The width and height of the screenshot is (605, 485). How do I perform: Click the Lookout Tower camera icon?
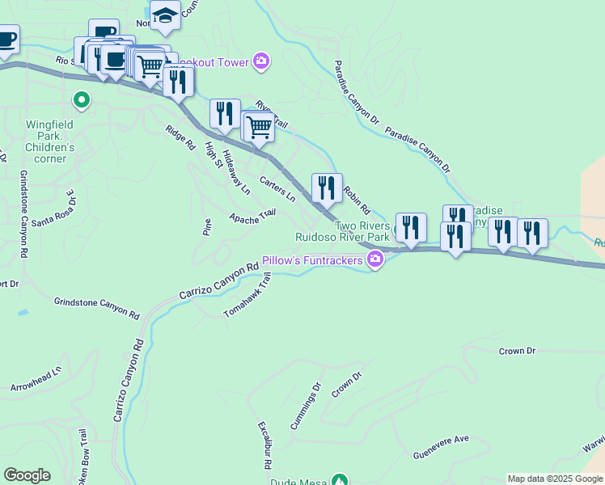tap(260, 61)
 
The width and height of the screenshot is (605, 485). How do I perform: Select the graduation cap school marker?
tap(165, 16)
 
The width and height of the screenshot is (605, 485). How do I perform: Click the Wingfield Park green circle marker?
tap(81, 101)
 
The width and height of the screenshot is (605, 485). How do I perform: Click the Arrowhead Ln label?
tap(36, 381)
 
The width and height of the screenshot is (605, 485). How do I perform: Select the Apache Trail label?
tap(252, 217)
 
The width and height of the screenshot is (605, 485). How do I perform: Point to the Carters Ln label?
tap(277, 188)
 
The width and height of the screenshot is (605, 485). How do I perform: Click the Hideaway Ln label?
tap(236, 172)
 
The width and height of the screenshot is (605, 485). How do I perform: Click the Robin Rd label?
tap(356, 199)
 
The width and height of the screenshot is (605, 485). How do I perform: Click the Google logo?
tap(27, 475)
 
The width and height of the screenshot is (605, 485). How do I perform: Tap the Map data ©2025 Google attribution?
tap(555, 479)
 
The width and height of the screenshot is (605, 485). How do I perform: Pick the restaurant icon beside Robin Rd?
tap(327, 188)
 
